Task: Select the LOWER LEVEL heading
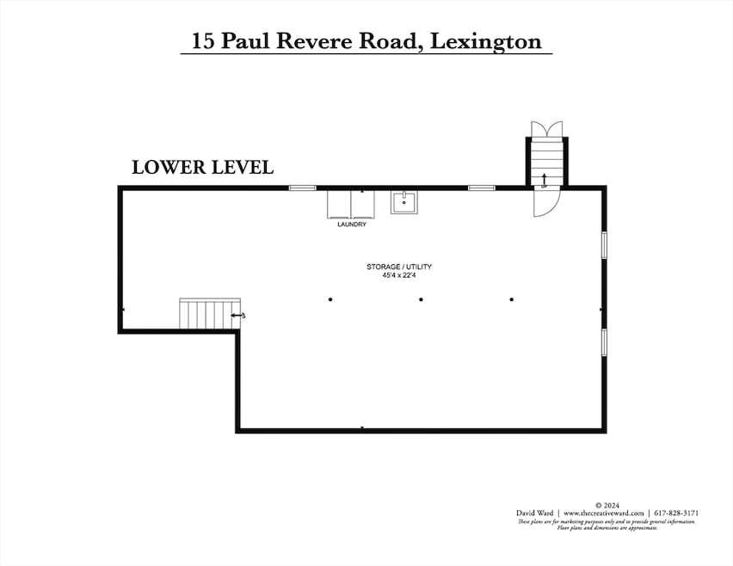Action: [x=202, y=168]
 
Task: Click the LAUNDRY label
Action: [x=352, y=225]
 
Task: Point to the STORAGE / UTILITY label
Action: [x=399, y=267]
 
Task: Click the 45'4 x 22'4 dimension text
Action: [x=399, y=275]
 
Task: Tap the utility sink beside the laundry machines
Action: [x=404, y=202]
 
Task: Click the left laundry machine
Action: [x=340, y=204]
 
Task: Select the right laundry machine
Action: [x=364, y=204]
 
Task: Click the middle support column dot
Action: [x=421, y=299]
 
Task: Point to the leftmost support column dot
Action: [x=330, y=299]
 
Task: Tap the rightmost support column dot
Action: [x=512, y=299]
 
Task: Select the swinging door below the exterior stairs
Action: [x=546, y=202]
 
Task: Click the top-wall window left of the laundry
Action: [x=302, y=188]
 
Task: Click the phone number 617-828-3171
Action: [x=675, y=513]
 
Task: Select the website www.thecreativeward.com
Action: [x=604, y=513]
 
